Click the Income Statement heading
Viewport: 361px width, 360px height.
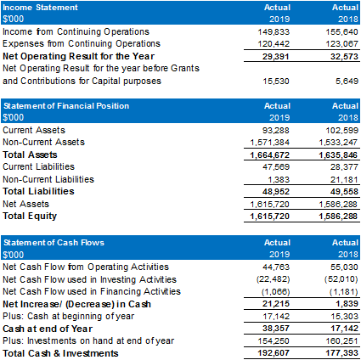40,8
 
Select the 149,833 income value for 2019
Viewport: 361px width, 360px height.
274,32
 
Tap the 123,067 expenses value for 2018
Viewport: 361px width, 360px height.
341,44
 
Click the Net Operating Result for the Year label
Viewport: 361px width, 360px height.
78,56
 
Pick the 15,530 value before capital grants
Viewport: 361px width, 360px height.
276,82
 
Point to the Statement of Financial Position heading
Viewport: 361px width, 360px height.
66,106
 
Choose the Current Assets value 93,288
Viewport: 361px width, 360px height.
276,131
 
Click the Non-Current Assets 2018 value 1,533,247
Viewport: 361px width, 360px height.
338,143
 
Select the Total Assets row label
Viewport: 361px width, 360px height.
30,155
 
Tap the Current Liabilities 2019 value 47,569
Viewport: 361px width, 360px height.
276,167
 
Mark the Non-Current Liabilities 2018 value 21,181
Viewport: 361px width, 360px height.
344,180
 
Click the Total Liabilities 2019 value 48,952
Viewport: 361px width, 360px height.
276,192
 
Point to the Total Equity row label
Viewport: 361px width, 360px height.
30,216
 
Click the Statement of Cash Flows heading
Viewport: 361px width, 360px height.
54,243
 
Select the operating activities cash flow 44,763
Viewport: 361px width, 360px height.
276,267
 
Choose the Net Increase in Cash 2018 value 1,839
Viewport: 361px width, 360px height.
347,304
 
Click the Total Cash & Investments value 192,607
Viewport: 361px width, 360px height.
274,353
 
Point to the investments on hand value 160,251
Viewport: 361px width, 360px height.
341,341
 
